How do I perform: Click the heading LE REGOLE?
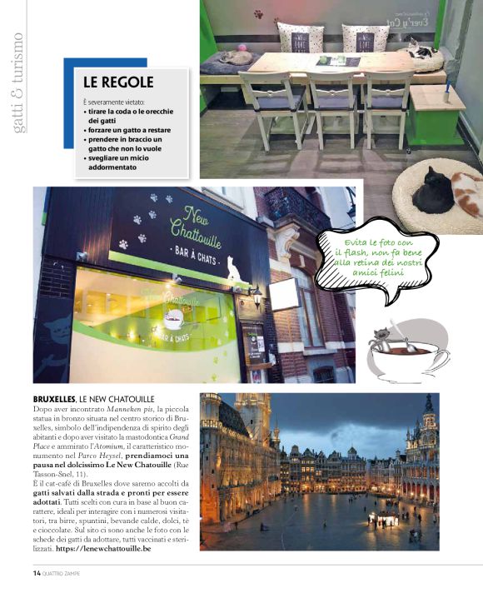click(117, 82)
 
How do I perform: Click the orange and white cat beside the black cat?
click(466, 194)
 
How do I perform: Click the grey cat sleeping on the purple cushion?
click(236, 57)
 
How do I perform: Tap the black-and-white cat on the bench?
click(424, 52)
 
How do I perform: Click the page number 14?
click(37, 573)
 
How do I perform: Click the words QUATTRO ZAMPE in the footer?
click(67, 573)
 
